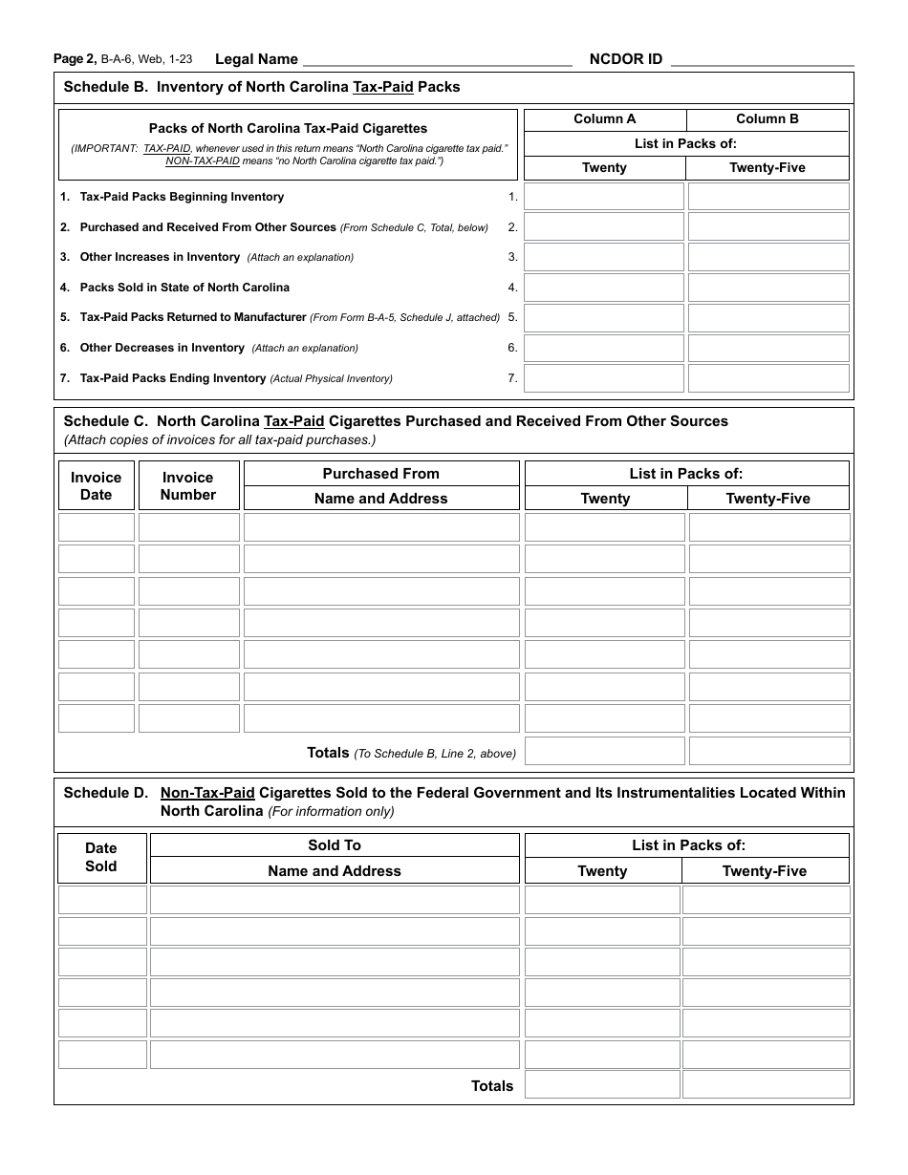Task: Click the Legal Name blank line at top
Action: click(437, 59)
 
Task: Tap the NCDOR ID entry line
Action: click(762, 59)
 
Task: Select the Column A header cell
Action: click(604, 119)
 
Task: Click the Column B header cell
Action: click(767, 119)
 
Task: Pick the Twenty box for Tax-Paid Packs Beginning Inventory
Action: click(604, 197)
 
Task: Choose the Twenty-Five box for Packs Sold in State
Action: click(768, 288)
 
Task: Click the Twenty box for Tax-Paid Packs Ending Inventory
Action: click(604, 378)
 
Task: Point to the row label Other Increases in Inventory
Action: click(160, 257)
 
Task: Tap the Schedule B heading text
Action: click(261, 87)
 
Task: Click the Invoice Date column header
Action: click(96, 486)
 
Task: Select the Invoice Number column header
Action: click(188, 486)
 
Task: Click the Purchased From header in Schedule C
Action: click(380, 474)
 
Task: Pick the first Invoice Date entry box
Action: click(96, 527)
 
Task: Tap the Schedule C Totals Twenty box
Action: click(605, 751)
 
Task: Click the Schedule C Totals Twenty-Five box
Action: click(769, 751)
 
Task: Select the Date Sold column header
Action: click(101, 857)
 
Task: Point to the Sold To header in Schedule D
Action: click(335, 845)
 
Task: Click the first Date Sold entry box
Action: click(102, 900)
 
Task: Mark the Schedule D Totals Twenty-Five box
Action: click(766, 1084)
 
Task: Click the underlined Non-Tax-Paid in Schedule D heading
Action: click(207, 793)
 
